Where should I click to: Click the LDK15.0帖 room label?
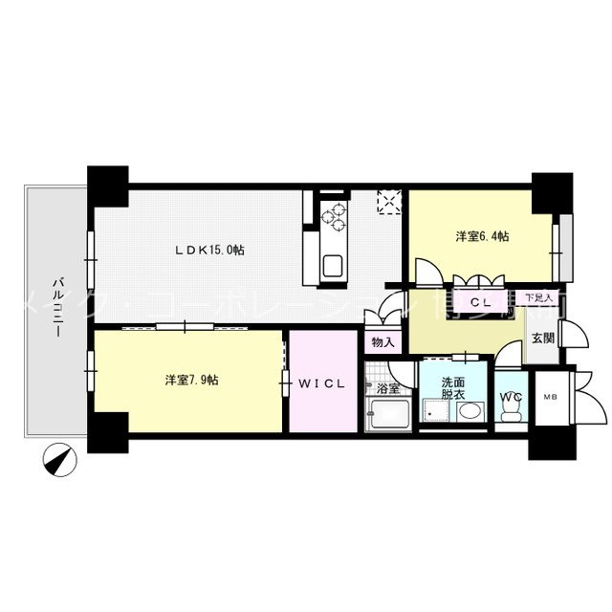point(209,251)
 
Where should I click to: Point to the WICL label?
point(321,384)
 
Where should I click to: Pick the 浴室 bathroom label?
point(387,389)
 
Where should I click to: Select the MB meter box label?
point(550,396)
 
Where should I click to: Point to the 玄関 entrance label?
point(541,339)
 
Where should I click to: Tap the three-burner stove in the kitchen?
point(337,218)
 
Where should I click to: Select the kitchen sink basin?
point(334,265)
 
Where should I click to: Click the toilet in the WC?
point(511,408)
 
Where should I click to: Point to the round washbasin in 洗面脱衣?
point(470,413)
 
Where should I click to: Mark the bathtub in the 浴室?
point(387,416)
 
